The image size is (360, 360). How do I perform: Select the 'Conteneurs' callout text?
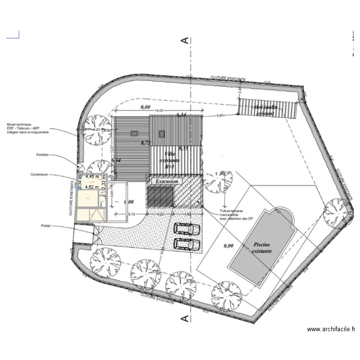(41, 175)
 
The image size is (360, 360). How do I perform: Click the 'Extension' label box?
(167, 181)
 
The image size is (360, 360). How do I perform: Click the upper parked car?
(186, 228)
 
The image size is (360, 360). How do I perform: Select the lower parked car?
(186, 243)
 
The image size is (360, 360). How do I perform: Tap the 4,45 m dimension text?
(92, 177)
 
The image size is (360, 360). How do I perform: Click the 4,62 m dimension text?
(92, 187)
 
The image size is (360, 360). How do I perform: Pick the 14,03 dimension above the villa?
(157, 111)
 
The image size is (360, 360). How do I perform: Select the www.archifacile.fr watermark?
(331, 329)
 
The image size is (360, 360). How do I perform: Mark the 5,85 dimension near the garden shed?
(220, 116)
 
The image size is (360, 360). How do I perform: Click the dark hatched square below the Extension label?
(159, 197)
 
